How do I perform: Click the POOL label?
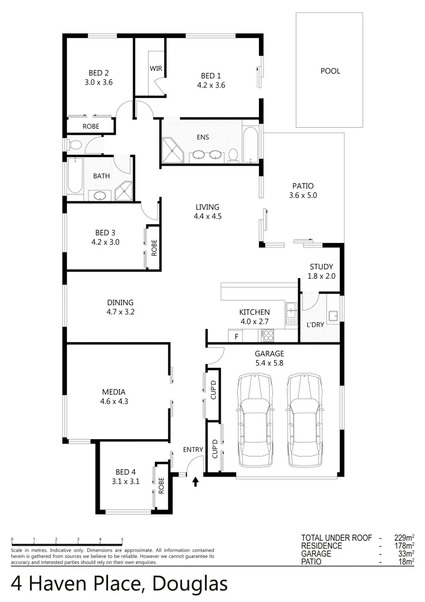coord(330,71)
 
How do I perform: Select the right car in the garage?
coord(305,420)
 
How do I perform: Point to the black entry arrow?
coord(195,481)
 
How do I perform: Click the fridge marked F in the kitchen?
coord(236,336)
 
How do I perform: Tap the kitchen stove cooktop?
coord(268,336)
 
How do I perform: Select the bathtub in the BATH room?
coord(75,176)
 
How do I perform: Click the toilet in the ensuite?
coord(233,155)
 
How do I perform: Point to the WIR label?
coord(155,68)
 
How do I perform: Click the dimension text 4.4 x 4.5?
coord(207,216)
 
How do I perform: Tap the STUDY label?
coord(321,266)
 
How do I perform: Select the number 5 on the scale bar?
coord(122,540)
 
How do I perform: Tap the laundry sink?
coord(333,316)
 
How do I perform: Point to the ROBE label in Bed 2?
coord(91,127)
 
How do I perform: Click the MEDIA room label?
coord(113,391)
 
